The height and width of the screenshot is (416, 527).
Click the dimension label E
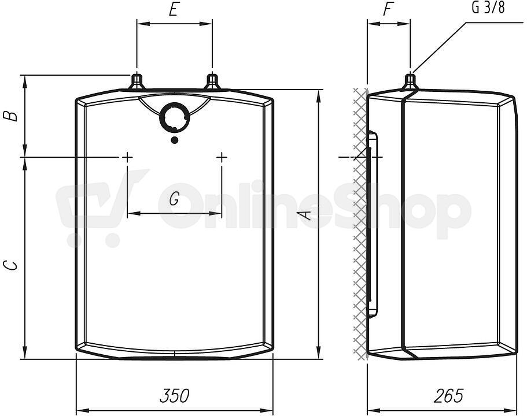click(x=173, y=10)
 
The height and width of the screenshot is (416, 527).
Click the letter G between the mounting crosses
click(x=174, y=199)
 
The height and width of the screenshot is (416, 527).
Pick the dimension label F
click(x=388, y=10)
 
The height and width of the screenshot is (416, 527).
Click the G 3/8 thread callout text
click(x=488, y=8)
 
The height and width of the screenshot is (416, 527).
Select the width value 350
click(x=175, y=396)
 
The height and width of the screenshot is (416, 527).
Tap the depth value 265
click(x=449, y=396)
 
